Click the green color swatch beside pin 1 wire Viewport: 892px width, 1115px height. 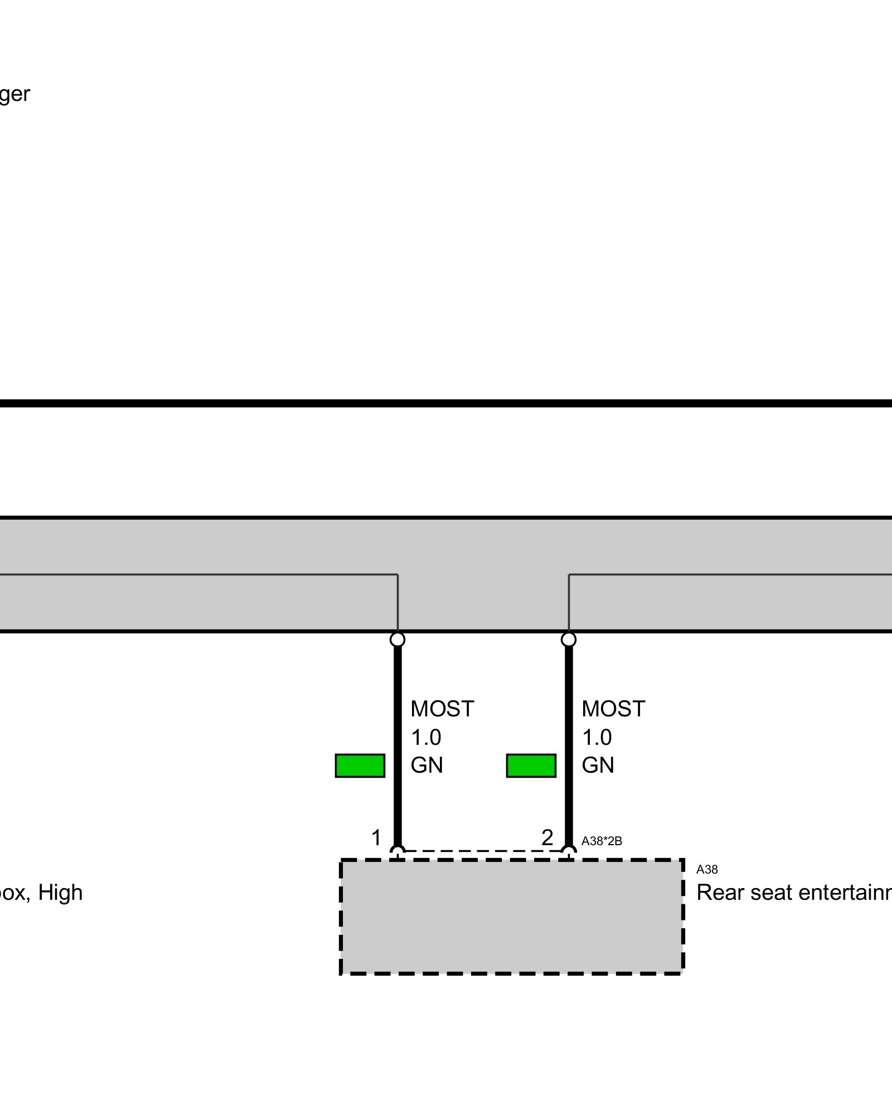[x=360, y=765]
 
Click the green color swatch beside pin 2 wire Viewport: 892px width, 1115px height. [x=531, y=765]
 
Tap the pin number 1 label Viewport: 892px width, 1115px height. [x=376, y=838]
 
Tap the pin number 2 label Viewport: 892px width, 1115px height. [x=547, y=837]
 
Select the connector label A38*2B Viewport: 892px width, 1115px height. [x=602, y=841]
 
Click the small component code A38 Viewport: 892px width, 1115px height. [x=707, y=870]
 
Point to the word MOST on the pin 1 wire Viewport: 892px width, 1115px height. [x=442, y=709]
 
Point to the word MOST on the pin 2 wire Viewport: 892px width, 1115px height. [x=613, y=709]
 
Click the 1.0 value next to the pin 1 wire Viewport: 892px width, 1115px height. [x=426, y=738]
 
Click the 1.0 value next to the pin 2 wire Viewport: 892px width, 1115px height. [x=597, y=738]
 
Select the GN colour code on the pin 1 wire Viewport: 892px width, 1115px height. [x=426, y=765]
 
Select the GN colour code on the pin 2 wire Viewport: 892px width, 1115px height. [x=598, y=765]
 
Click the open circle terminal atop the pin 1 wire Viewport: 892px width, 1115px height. [x=397, y=639]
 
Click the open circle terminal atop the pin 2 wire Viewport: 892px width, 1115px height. [x=569, y=639]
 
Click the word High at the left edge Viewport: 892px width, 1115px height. [x=60, y=893]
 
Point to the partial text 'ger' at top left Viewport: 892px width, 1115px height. [x=14, y=94]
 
